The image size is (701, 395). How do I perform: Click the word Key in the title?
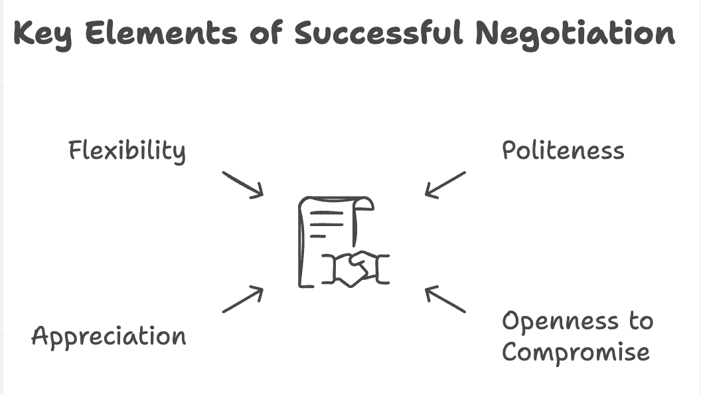(x=43, y=34)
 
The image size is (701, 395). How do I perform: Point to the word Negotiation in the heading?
(x=575, y=34)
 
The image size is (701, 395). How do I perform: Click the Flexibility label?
(x=127, y=151)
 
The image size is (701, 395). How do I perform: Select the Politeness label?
(x=563, y=150)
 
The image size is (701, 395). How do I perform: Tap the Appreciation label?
(x=109, y=336)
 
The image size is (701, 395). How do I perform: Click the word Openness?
(x=561, y=321)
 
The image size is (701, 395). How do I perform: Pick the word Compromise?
(x=576, y=351)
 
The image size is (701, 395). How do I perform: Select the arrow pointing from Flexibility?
(x=243, y=184)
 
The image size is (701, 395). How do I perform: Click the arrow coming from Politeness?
(x=445, y=184)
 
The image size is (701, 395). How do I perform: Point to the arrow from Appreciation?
(x=243, y=299)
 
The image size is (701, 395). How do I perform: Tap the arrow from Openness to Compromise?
(x=445, y=299)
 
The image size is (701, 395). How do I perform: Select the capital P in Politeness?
(x=509, y=150)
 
